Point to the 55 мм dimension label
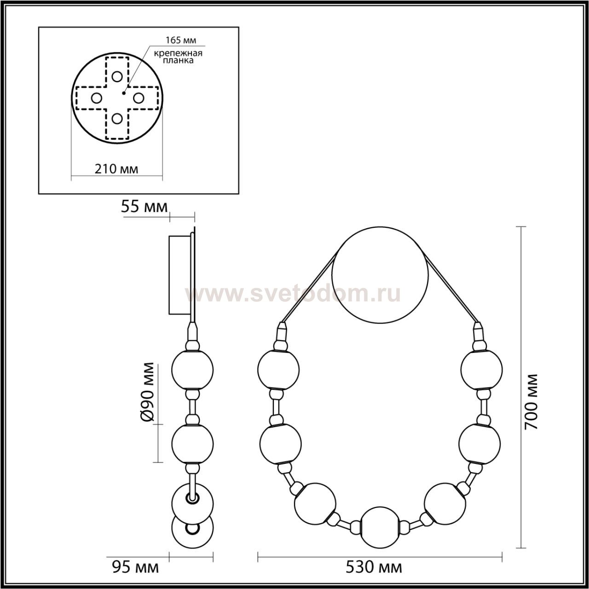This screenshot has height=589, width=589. coord(144,207)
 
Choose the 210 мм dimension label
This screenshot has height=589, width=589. coord(116,169)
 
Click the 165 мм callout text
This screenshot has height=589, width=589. coord(181,40)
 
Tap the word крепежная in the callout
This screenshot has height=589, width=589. coord(178,53)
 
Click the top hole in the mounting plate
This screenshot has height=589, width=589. coord(117,76)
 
